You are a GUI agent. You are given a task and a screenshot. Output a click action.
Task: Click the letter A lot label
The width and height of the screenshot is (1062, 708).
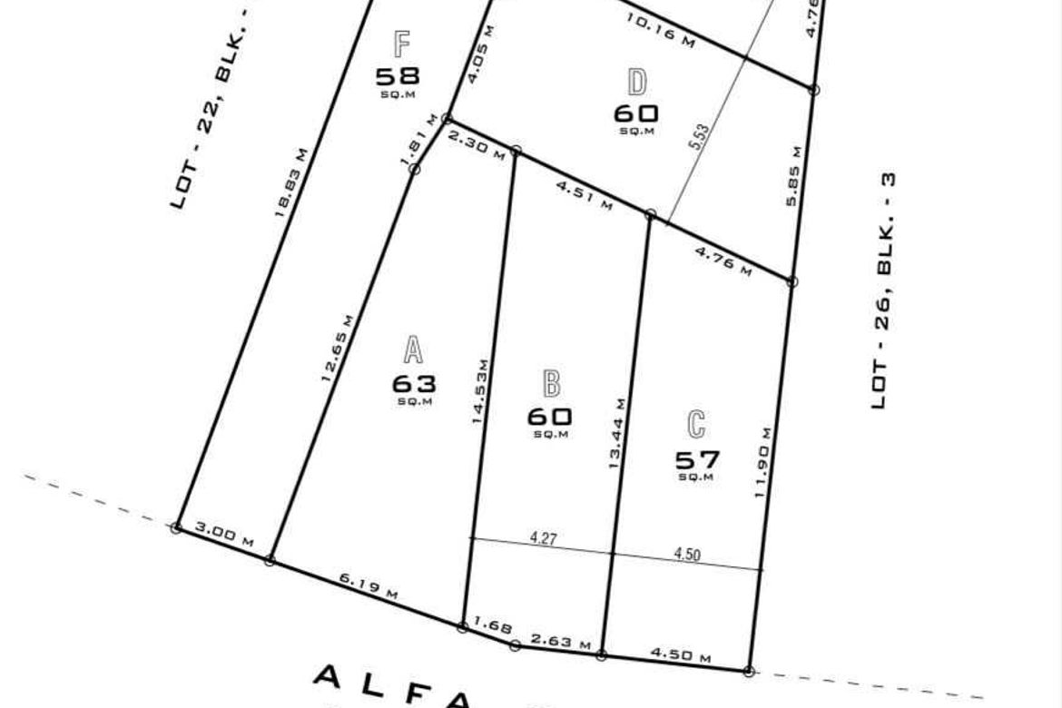(413, 350)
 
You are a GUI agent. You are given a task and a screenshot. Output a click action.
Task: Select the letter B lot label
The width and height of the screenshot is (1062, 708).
(550, 384)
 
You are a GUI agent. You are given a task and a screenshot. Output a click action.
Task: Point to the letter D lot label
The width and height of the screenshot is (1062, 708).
(637, 83)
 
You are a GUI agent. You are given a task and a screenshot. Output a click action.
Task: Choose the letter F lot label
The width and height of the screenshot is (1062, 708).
(402, 43)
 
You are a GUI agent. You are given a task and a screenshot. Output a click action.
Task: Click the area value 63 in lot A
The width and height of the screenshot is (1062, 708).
(414, 383)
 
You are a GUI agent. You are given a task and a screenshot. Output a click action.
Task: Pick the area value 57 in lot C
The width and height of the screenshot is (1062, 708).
(696, 459)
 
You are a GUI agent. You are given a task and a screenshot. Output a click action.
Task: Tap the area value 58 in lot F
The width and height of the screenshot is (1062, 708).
(398, 76)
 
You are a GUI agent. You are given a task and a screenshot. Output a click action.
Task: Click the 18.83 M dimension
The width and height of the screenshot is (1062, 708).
(291, 182)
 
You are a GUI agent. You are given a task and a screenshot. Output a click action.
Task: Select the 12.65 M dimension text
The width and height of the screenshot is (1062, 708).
(338, 348)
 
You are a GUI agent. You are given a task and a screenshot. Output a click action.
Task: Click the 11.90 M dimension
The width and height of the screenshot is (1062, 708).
(763, 459)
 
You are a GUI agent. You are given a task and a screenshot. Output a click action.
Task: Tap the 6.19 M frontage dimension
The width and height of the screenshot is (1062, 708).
(368, 586)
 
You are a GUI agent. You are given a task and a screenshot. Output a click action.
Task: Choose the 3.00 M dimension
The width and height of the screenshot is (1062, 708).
(223, 536)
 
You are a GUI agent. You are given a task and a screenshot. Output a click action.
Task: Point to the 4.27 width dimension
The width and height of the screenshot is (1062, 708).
(543, 538)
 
